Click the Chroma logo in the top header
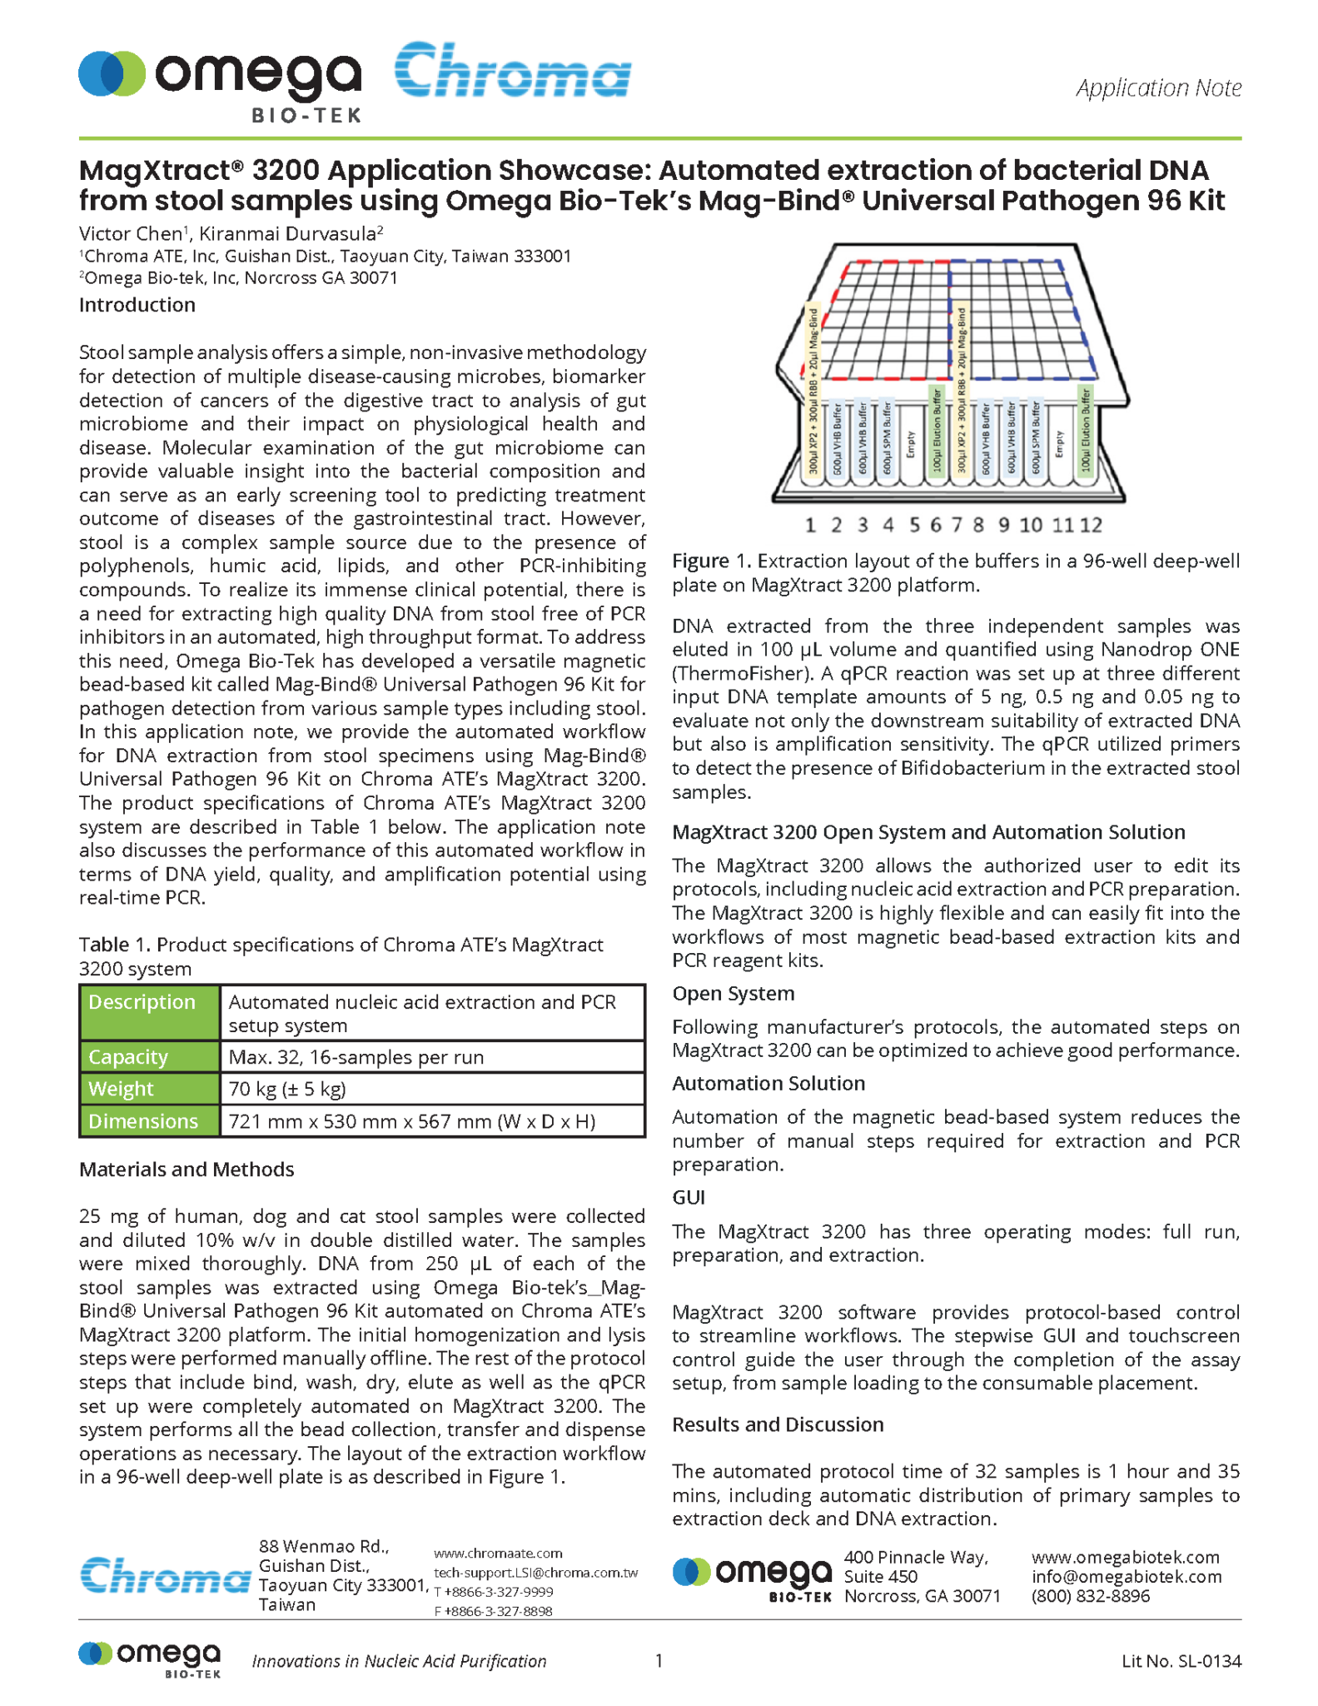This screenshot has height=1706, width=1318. pyautogui.click(x=512, y=72)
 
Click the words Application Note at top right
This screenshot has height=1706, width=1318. pyautogui.click(x=1157, y=87)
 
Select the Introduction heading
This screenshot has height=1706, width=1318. pyautogui.click(x=137, y=305)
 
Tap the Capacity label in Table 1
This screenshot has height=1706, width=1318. pyautogui.click(x=129, y=1057)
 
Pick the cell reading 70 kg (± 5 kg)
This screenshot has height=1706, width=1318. pyautogui.click(x=287, y=1089)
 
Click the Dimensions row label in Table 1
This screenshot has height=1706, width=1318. pyautogui.click(x=143, y=1121)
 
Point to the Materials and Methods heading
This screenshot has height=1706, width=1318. pyautogui.click(x=187, y=1170)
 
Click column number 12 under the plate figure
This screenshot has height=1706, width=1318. pyautogui.click(x=1091, y=525)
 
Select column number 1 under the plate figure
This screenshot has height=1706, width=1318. pyautogui.click(x=810, y=525)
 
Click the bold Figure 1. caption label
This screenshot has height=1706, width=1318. pyautogui.click(x=712, y=561)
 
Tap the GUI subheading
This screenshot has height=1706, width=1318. pyautogui.click(x=689, y=1198)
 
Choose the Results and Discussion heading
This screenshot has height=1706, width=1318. pyautogui.click(x=778, y=1424)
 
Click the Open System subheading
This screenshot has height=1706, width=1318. pyautogui.click(x=733, y=994)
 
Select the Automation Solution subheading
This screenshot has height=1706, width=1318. pyautogui.click(x=768, y=1084)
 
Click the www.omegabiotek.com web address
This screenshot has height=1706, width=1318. pyautogui.click(x=1125, y=1558)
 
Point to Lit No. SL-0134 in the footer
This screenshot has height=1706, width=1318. pyautogui.click(x=1181, y=1661)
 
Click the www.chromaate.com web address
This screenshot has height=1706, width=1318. pyautogui.click(x=498, y=1554)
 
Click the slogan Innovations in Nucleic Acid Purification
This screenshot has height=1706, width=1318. pyautogui.click(x=399, y=1661)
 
